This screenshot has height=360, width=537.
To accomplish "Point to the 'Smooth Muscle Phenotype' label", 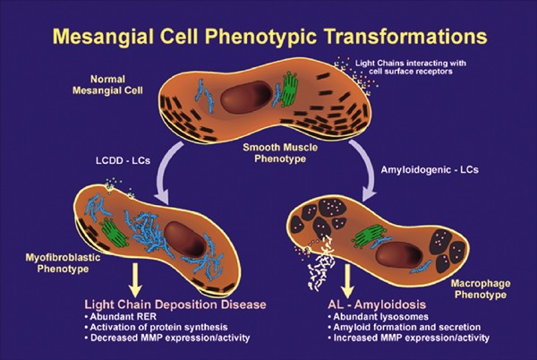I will tap(268, 154).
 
